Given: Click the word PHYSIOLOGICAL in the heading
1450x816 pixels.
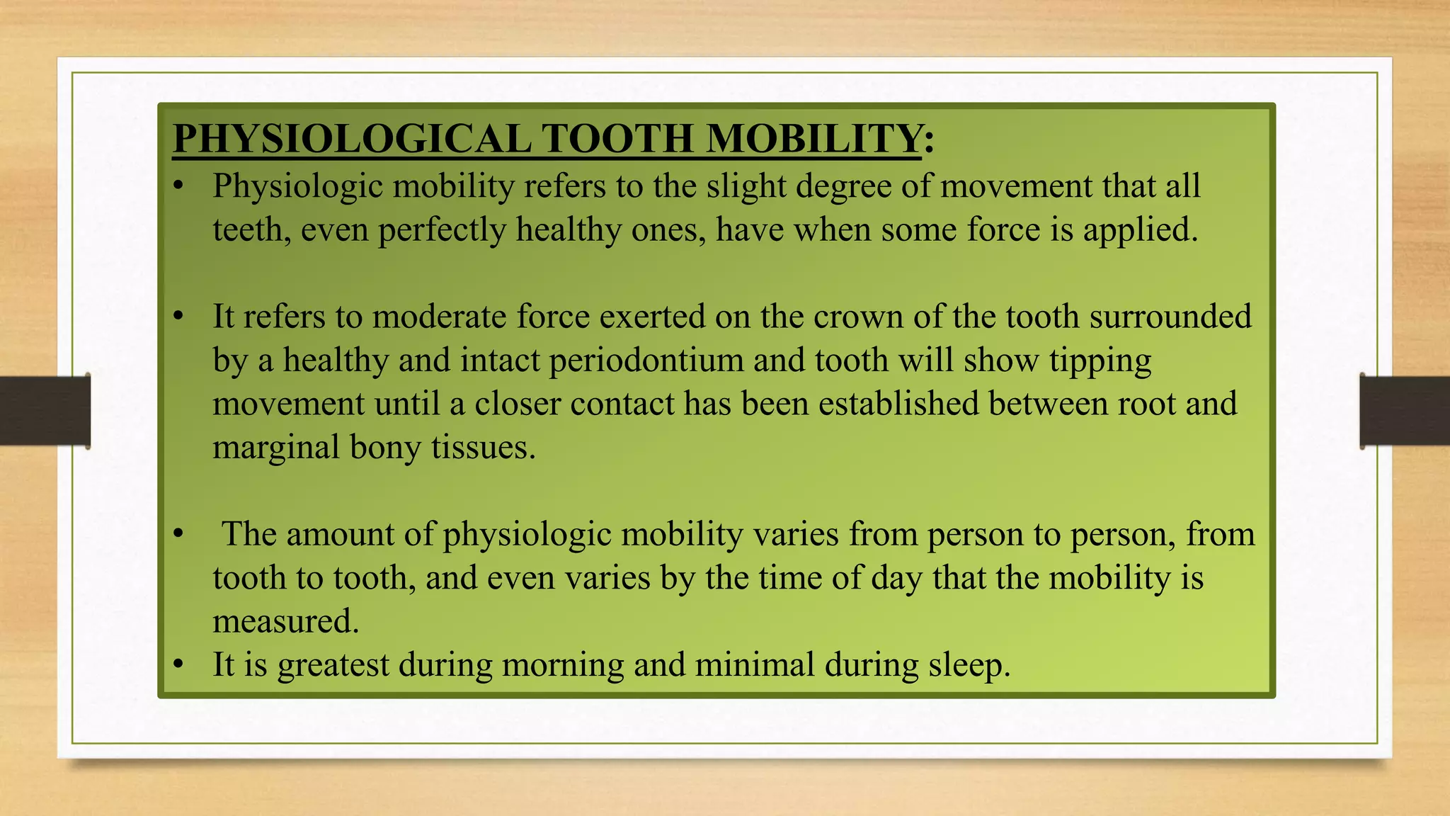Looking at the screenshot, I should click(x=352, y=138).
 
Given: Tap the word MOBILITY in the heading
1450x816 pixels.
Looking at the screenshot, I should click(x=814, y=138).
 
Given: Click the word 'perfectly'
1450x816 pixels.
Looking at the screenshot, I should click(x=442, y=230).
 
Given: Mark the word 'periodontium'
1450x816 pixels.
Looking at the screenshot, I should click(x=646, y=361).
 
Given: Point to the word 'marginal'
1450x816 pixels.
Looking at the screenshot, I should click(x=276, y=448).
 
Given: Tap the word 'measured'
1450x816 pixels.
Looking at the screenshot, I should click(x=285, y=621).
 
